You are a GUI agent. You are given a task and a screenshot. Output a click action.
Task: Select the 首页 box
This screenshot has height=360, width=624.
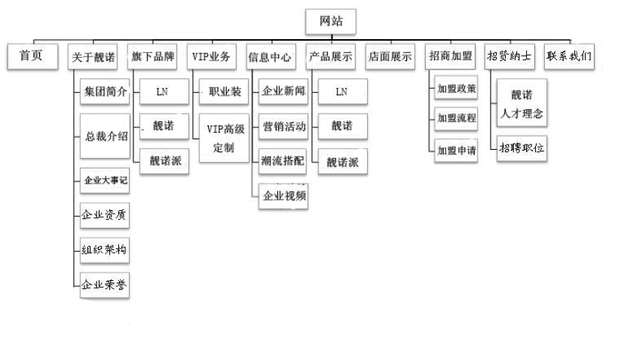[x=32, y=56]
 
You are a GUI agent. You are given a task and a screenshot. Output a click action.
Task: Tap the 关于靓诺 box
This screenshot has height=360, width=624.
[x=93, y=56]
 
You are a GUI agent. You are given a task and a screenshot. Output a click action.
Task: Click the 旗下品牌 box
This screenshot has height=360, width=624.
[x=152, y=56]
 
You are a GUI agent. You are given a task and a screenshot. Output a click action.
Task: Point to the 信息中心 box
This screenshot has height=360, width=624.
[x=270, y=56]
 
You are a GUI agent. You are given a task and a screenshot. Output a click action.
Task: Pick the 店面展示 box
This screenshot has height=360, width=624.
[x=390, y=56]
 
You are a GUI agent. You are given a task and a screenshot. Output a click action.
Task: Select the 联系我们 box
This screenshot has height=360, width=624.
[x=569, y=56]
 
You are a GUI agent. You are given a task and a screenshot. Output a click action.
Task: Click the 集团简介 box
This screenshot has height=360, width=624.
[x=106, y=93]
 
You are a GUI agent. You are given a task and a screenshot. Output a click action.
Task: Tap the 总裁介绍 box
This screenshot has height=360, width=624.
[x=106, y=136]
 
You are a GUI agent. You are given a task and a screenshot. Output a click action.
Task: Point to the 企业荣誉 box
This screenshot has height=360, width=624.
[x=105, y=285]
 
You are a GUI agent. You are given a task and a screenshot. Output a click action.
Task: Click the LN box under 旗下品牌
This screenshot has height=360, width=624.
[x=163, y=92]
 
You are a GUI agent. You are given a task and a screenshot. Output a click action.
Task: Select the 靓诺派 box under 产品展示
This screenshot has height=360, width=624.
[x=343, y=162]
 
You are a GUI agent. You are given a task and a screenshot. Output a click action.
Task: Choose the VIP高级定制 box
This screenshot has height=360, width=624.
[x=224, y=138]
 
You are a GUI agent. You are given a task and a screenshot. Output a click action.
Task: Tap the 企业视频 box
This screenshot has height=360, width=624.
[x=283, y=197]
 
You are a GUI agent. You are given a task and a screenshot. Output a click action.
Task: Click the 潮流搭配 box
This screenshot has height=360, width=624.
[x=283, y=160]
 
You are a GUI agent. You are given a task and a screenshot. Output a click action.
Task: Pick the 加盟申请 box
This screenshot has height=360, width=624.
[x=457, y=151]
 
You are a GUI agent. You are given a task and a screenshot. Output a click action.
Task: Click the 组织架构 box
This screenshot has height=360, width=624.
[x=105, y=250]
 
